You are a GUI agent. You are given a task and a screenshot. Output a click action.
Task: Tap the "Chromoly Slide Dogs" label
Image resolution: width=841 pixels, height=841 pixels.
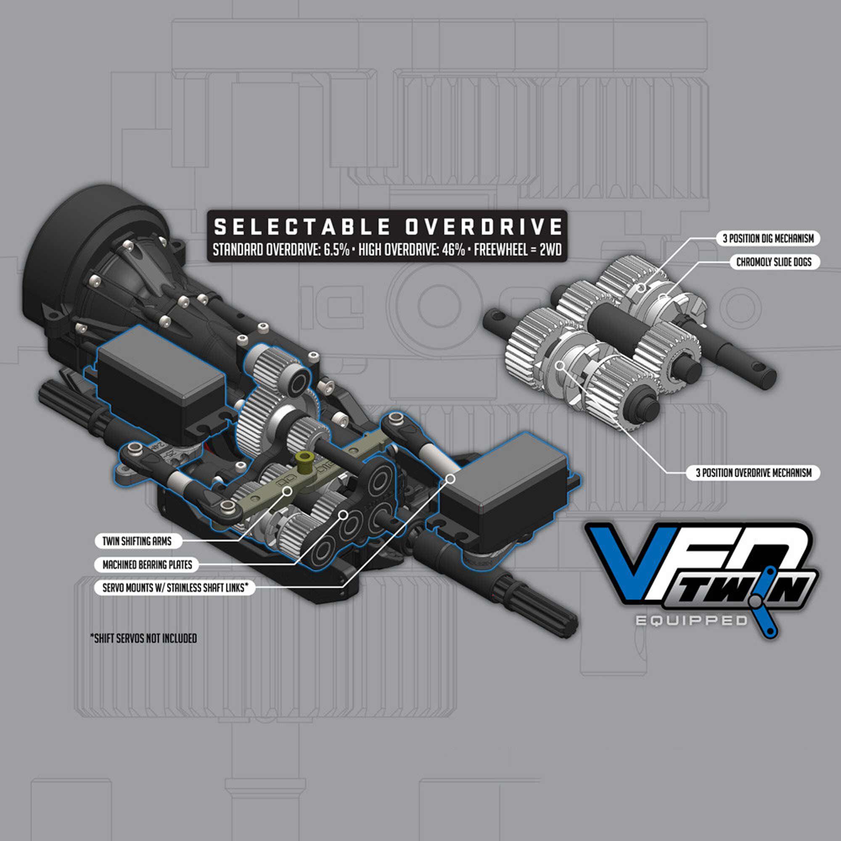click(x=774, y=262)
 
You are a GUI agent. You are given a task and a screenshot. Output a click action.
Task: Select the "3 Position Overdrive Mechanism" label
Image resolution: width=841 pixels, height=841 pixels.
click(x=754, y=473)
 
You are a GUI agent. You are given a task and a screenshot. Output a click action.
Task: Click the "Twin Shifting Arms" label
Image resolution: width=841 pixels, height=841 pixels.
click(x=137, y=542)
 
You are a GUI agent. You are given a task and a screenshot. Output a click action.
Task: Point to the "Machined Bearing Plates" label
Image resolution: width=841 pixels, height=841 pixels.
click(x=147, y=565)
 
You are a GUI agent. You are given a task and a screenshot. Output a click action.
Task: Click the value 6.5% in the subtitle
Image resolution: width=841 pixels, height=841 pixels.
click(x=336, y=250)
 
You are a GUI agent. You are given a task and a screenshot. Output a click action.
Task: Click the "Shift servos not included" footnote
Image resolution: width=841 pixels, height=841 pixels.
click(x=143, y=639)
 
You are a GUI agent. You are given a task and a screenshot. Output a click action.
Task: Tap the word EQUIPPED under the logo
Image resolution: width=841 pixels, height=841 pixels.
click(x=691, y=621)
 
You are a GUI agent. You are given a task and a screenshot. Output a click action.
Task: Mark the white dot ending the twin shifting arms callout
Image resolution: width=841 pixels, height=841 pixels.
click(x=287, y=492)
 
